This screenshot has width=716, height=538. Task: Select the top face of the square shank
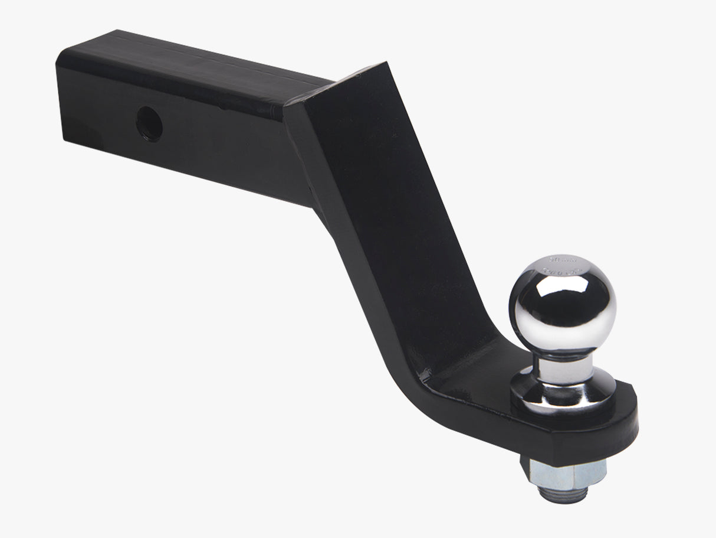[195, 65]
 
